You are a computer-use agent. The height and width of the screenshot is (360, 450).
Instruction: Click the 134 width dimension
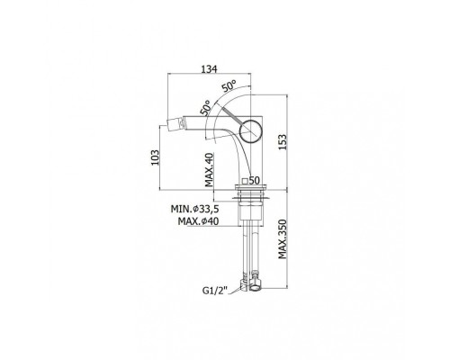pos(209,68)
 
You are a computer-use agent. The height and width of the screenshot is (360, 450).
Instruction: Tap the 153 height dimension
pos(283,142)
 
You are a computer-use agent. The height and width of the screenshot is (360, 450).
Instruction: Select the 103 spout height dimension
pos(155,157)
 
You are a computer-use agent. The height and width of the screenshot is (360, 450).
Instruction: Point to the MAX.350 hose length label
pos(283,239)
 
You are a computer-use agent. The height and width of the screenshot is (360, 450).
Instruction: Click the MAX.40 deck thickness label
pos(209,170)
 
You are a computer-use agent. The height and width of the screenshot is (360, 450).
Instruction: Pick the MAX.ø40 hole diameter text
pos(198,221)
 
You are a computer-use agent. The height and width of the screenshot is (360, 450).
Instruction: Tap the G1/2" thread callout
pos(215,291)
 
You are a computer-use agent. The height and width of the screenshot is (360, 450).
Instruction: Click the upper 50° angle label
pos(229,85)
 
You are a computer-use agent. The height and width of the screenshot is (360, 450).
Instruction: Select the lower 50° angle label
pos(205,108)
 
